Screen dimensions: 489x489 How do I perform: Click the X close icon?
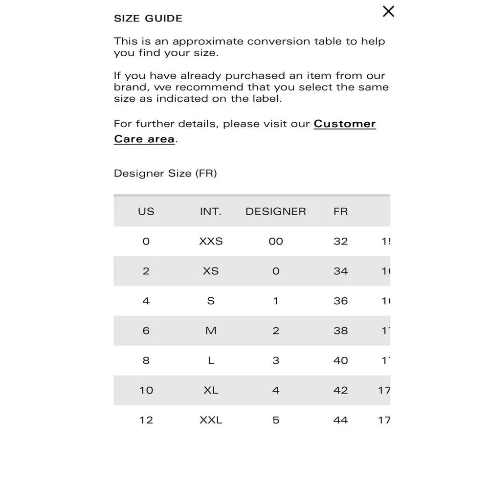pyautogui.click(x=388, y=11)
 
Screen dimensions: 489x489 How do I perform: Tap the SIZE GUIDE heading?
pyautogui.click(x=148, y=19)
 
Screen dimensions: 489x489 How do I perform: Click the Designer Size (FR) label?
pyautogui.click(x=165, y=174)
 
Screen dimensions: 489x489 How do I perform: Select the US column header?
pyautogui.click(x=146, y=211)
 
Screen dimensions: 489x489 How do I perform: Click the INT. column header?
pyautogui.click(x=211, y=211)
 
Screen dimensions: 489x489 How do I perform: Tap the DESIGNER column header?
pyautogui.click(x=276, y=211)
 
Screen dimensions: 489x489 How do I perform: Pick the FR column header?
pyautogui.click(x=341, y=211)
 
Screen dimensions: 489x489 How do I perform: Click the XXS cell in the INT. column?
pyautogui.click(x=211, y=241)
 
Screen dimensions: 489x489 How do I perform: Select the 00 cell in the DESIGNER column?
pyautogui.click(x=276, y=241)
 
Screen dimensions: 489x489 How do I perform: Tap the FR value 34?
pyautogui.click(x=341, y=271)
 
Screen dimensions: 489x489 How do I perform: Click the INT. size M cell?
pyautogui.click(x=211, y=331)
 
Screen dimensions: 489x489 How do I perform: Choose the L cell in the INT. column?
pyautogui.click(x=211, y=360)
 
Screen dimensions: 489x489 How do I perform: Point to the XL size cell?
pyautogui.click(x=211, y=390)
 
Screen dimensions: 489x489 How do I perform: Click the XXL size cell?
pyautogui.click(x=211, y=420)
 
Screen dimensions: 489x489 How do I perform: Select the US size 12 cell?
pyautogui.click(x=146, y=420)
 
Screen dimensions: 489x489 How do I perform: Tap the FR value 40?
pyautogui.click(x=341, y=360)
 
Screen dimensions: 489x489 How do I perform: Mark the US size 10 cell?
pyautogui.click(x=146, y=390)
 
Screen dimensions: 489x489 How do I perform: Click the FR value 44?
pyautogui.click(x=341, y=420)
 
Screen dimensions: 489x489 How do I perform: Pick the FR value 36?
pyautogui.click(x=341, y=301)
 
